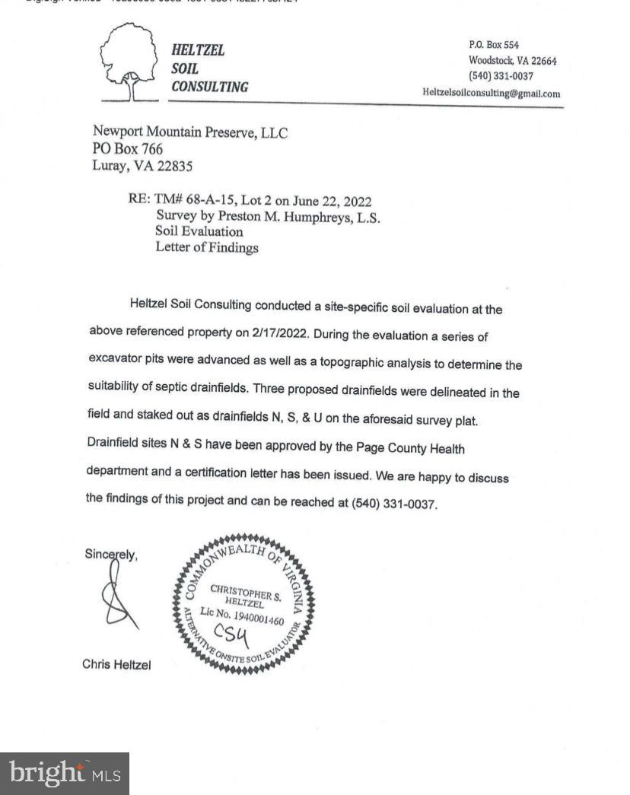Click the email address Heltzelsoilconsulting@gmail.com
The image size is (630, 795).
492,94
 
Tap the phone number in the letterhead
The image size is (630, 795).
501,76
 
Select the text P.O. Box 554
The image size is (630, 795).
494,45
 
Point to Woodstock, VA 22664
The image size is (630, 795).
512,61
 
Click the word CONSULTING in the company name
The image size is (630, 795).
209,87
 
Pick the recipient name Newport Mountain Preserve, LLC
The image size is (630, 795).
190,132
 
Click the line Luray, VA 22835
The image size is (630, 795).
142,166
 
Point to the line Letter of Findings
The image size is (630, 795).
207,247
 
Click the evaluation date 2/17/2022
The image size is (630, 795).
282,333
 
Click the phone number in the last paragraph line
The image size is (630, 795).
393,504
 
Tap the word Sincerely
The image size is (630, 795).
111,555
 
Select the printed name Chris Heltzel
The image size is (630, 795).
116,665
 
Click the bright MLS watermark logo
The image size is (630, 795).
65,774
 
